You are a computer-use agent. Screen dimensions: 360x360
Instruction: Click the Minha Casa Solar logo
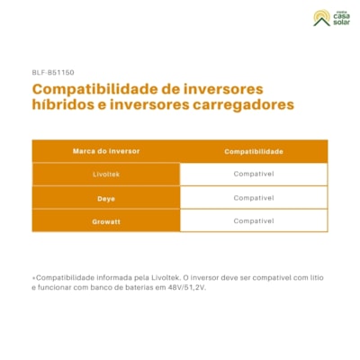330,17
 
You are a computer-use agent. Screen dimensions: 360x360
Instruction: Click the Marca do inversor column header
105,151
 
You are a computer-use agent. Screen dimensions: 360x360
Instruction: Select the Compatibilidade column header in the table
254,151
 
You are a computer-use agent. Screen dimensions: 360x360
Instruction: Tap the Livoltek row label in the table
105,174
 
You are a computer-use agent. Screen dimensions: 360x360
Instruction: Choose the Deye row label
105,197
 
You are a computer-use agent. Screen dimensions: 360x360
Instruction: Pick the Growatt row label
105,220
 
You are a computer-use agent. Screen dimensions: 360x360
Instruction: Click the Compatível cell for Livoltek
254,174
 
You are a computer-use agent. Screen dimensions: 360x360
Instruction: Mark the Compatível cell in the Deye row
254,197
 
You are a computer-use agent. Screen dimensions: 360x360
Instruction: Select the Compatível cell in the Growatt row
254,220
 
